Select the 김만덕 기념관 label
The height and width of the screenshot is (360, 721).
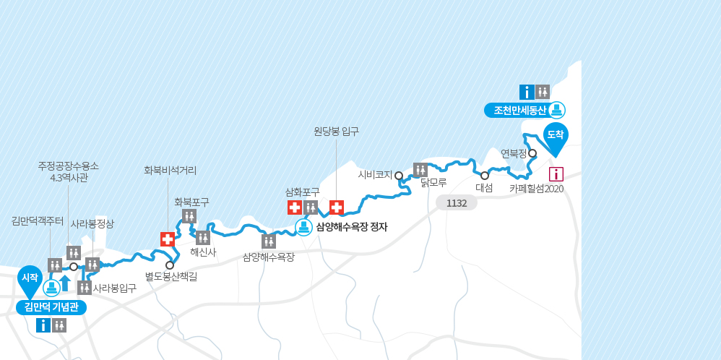click(x=51, y=307)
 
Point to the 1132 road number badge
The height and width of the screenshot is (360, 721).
click(x=457, y=203)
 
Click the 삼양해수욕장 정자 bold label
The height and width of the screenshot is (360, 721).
click(x=351, y=227)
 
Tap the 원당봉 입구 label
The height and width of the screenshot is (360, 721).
click(x=336, y=131)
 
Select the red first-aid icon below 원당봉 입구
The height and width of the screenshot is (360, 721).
click(x=336, y=207)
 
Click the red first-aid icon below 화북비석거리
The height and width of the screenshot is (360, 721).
click(x=168, y=239)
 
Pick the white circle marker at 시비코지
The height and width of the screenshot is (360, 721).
click(x=398, y=175)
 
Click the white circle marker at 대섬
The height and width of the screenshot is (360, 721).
click(x=484, y=176)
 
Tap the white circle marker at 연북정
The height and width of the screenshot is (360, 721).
click(x=532, y=153)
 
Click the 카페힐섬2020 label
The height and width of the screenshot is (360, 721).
click(x=536, y=189)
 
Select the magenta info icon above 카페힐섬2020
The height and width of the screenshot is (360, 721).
click(x=556, y=173)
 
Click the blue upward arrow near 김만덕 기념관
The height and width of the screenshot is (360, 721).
click(x=65, y=283)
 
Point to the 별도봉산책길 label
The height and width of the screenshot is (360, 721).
click(x=170, y=275)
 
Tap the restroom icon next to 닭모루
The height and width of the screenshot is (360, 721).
click(x=420, y=170)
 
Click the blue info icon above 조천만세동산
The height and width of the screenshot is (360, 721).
click(x=527, y=92)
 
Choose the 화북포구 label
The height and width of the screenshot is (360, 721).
click(x=191, y=202)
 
